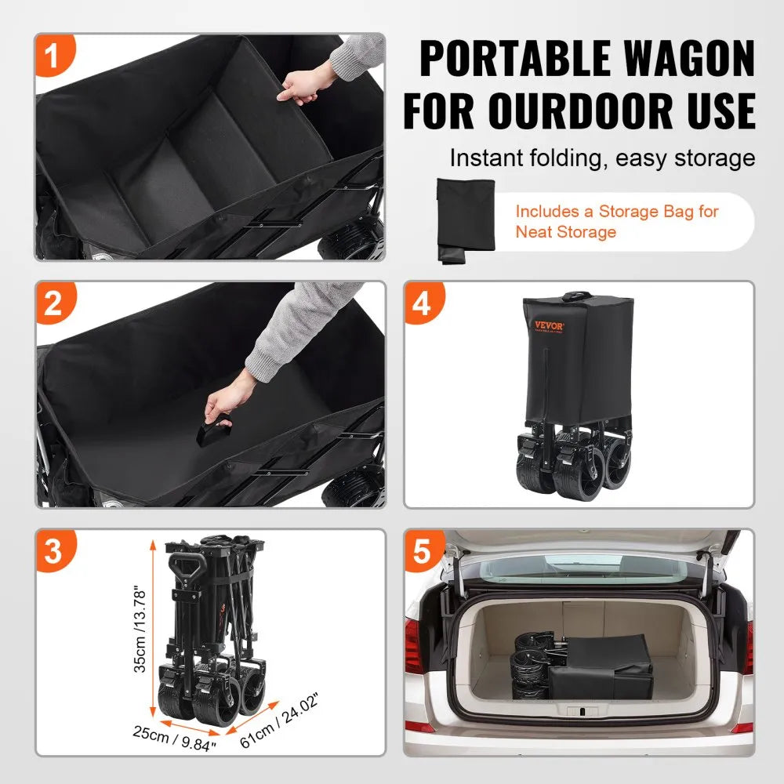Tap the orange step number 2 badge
[x=53, y=303]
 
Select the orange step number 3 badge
[x=53, y=551]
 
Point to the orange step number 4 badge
[x=422, y=303]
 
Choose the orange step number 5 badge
[x=422, y=551]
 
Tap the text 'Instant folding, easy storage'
[x=602, y=158]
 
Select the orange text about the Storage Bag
[x=616, y=221]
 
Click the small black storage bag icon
[x=466, y=220]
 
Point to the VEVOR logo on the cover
[x=550, y=325]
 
